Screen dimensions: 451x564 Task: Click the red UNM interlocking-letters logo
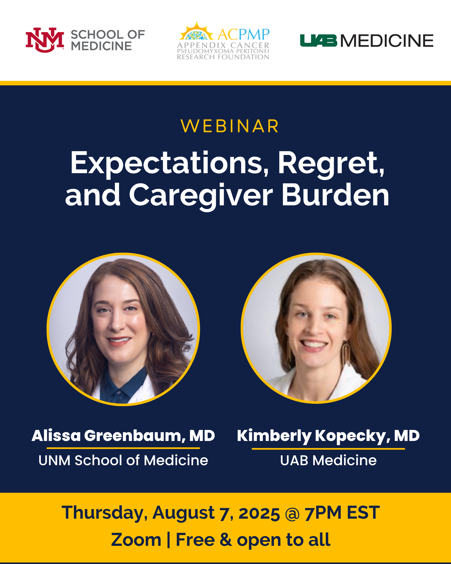45,40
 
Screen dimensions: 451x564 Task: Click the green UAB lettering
318,41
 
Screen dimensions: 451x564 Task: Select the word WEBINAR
230,126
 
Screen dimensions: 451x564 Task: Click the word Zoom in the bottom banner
136,540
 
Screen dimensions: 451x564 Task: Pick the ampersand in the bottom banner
226,540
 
